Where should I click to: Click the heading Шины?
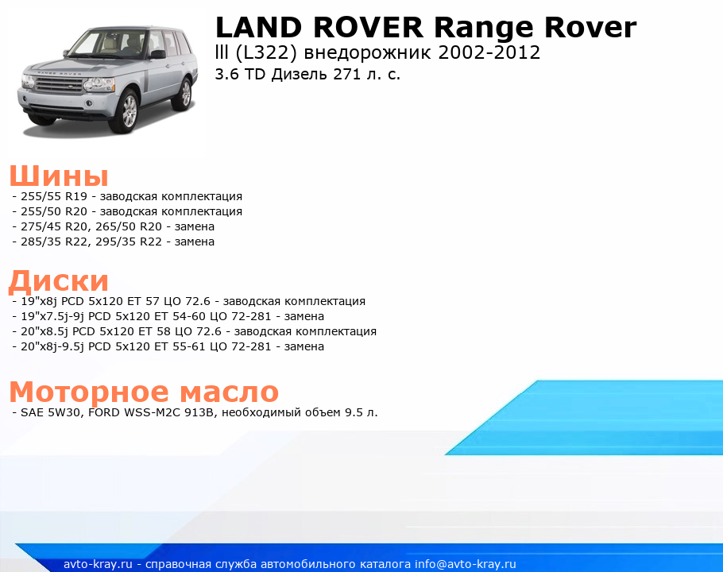coord(59,176)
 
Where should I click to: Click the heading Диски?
coord(59,281)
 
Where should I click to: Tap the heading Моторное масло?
coord(144,392)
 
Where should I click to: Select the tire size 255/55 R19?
coord(54,196)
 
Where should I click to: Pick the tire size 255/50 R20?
coord(54,211)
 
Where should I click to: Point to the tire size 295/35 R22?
coord(129,242)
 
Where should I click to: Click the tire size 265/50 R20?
coord(129,226)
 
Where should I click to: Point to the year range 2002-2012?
coord(489,52)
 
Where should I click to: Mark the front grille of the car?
coord(59,86)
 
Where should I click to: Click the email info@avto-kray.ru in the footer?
coord(466,564)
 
